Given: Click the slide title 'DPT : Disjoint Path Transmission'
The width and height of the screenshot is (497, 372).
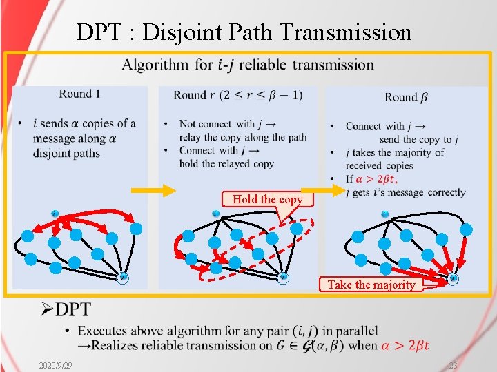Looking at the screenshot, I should pyautogui.click(x=244, y=32).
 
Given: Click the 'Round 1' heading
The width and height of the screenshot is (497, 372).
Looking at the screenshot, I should pyautogui.click(x=79, y=94).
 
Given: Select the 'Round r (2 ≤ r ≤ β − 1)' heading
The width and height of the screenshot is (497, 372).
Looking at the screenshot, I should pyautogui.click(x=237, y=95).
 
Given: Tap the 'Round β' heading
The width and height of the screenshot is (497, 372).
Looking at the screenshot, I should pyautogui.click(x=405, y=97).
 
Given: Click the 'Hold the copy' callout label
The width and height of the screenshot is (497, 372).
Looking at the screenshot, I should pyautogui.click(x=267, y=199).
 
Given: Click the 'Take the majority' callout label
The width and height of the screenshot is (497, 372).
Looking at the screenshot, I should pyautogui.click(x=371, y=285).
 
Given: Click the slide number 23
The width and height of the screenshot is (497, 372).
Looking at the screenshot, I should pyautogui.click(x=454, y=364).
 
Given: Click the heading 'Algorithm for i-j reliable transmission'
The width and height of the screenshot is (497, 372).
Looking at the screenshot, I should pyautogui.click(x=248, y=65).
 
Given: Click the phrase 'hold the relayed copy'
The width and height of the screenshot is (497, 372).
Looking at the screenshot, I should pyautogui.click(x=226, y=163).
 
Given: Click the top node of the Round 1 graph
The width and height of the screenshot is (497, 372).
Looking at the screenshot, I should pyautogui.click(x=55, y=213).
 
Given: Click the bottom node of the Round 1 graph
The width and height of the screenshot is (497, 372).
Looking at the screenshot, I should pyautogui.click(x=122, y=278).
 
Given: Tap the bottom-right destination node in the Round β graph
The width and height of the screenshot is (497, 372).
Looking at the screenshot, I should pyautogui.click(x=453, y=278).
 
